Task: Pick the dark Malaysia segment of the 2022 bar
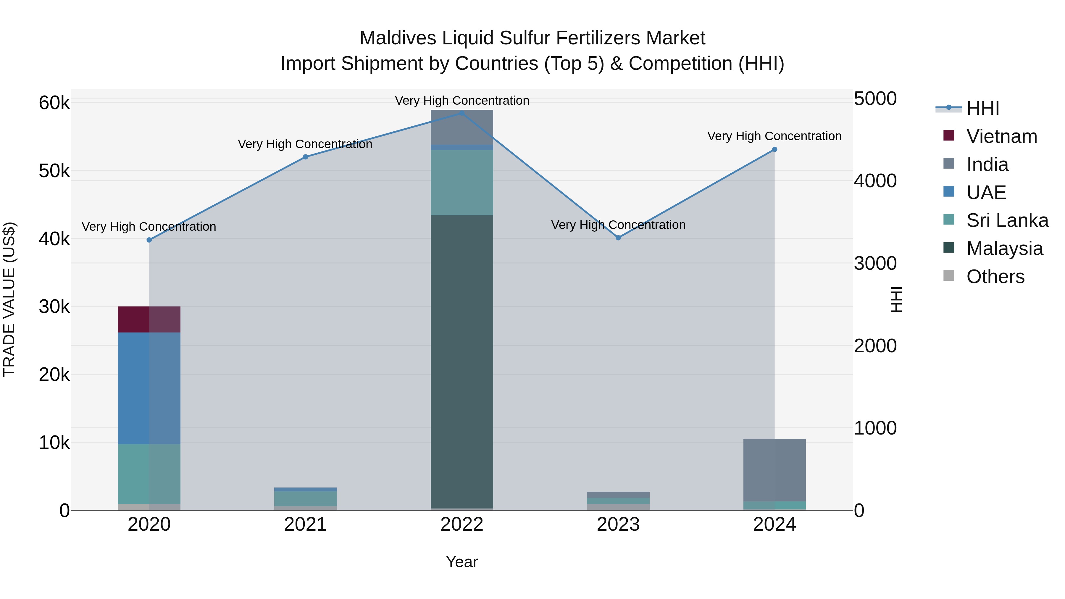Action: pos(462,362)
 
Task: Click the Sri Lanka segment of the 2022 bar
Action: pos(462,183)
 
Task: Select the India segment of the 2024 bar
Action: pos(774,470)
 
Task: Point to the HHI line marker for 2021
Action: pos(306,157)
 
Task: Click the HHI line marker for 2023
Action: pos(618,238)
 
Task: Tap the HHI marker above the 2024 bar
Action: pos(774,150)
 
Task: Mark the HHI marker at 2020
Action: pos(149,240)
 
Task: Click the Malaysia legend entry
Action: pos(1004,248)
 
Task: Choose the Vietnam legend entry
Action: pos(1001,136)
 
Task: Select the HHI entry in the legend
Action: pos(983,108)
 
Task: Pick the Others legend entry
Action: pos(995,277)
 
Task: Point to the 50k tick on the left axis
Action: pos(54,171)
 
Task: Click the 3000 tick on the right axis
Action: pos(875,263)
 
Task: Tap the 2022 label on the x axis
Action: pos(462,524)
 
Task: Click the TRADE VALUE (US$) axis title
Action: pos(9,299)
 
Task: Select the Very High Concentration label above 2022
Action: pos(462,101)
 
